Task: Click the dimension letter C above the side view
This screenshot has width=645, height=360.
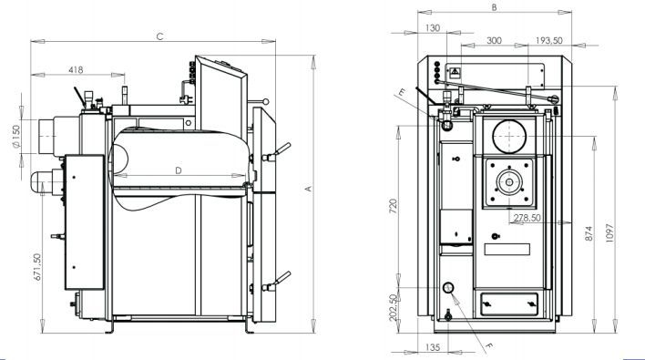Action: (x=159, y=36)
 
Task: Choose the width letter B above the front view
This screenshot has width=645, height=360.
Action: (x=493, y=7)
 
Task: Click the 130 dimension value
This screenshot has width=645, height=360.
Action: (x=432, y=28)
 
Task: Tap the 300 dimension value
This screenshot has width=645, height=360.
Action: (x=494, y=41)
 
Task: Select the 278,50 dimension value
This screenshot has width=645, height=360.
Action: (x=527, y=218)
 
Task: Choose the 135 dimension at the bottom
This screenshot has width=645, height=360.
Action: (x=434, y=347)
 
